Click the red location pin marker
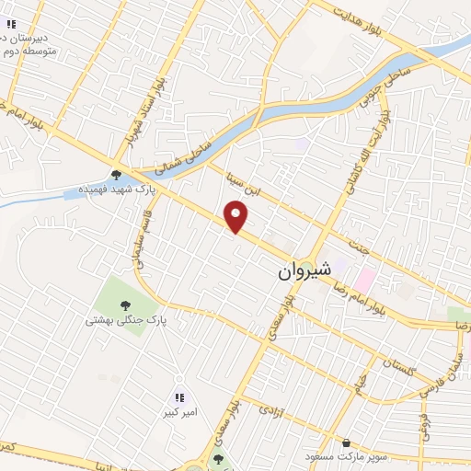tap(238, 217)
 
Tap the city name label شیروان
tap(302, 273)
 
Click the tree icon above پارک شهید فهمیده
tap(116, 175)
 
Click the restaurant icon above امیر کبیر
tap(180, 398)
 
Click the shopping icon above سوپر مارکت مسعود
tap(345, 442)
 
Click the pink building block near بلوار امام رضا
tap(366, 276)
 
